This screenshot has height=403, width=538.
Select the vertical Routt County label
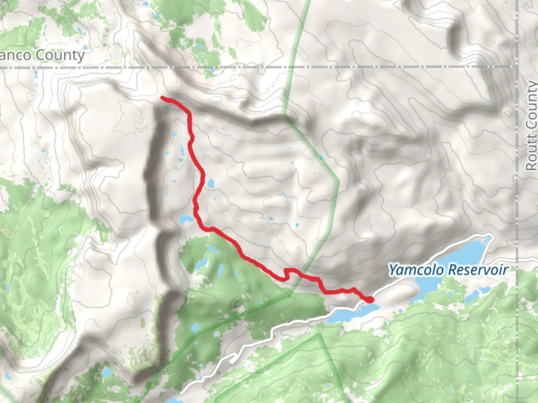pyautogui.click(x=531, y=126)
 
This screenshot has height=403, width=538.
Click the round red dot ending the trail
pyautogui.click(x=369, y=299)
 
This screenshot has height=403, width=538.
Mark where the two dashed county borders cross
pyautogui.click(x=517, y=66)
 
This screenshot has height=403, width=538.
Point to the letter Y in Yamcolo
pyautogui.click(x=392, y=269)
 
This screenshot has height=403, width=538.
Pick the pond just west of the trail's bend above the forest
pyautogui.click(x=185, y=219)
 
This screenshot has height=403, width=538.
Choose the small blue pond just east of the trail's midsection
pyautogui.click(x=211, y=184)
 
